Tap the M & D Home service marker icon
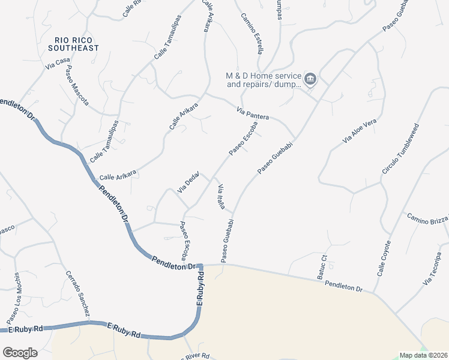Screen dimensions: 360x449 point(310,79)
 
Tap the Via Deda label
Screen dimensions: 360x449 point(188,182)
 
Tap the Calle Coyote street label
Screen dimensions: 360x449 point(384,258)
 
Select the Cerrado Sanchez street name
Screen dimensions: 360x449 point(78,294)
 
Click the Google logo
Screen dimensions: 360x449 point(20,352)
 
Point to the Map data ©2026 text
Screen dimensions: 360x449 point(423,355)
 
